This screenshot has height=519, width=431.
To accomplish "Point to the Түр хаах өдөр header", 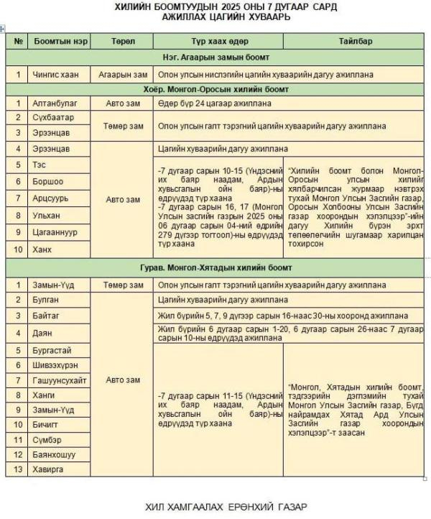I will [x=219, y=41].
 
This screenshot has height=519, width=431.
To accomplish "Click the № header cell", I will [x=18, y=41].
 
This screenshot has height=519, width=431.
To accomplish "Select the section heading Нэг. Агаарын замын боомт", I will [x=215, y=57].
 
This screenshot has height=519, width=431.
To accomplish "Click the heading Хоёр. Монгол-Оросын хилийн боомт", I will [x=215, y=89].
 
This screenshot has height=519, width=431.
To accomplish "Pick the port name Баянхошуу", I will [x=54, y=454].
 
